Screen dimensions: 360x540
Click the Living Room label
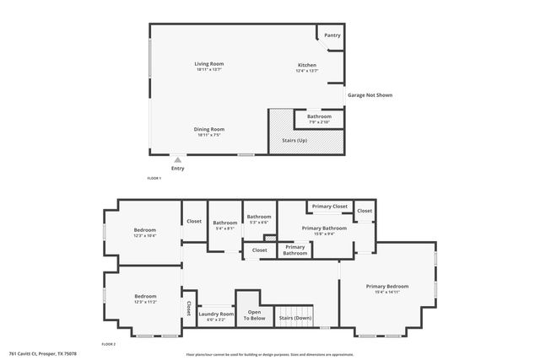[x=209, y=65]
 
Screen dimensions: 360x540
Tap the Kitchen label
[x=306, y=67]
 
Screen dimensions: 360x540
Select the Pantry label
[x=332, y=35]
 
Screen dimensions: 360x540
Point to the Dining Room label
[x=210, y=129]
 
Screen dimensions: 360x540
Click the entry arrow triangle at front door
[x=177, y=159]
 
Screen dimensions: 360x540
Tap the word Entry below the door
[x=177, y=169]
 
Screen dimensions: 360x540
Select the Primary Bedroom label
[x=387, y=287]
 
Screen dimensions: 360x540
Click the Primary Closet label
[x=329, y=207]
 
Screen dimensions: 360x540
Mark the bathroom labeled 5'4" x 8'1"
[x=225, y=223]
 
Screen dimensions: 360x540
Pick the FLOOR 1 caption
[x=154, y=179]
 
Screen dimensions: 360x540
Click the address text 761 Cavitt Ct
[x=40, y=354]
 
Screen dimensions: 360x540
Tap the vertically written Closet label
[x=188, y=309]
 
